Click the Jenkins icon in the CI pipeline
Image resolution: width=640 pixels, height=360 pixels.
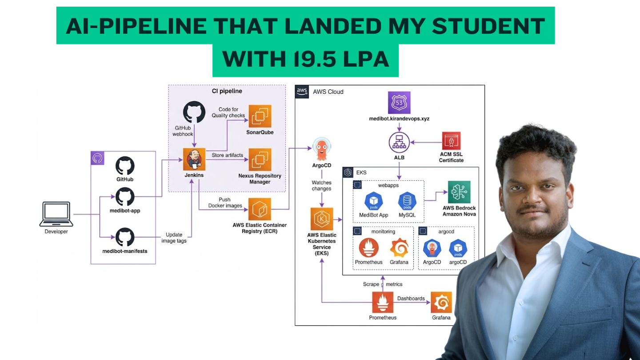click(x=194, y=159)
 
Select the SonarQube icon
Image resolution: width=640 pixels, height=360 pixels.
click(x=260, y=116)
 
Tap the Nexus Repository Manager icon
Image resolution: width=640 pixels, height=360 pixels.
click(x=260, y=160)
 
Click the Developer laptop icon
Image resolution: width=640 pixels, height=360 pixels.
click(x=56, y=214)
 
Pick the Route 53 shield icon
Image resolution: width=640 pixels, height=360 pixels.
click(x=399, y=103)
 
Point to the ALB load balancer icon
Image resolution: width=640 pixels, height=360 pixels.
click(x=399, y=142)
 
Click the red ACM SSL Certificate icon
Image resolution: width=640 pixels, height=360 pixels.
click(x=451, y=140)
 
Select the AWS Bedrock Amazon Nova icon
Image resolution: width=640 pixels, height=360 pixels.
click(x=459, y=192)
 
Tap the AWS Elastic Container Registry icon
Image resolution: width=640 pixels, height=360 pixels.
click(x=260, y=209)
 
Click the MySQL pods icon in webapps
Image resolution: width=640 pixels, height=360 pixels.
click(x=407, y=201)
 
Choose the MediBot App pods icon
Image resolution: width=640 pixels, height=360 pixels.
click(x=374, y=201)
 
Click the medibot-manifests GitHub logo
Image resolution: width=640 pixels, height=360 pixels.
click(x=125, y=237)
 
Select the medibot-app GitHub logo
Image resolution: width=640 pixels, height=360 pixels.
click(x=125, y=196)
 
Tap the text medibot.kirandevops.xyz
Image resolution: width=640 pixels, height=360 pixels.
click(x=399, y=119)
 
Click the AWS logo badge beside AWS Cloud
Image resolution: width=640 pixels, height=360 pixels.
click(x=302, y=92)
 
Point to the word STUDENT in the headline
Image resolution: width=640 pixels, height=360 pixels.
click(x=488, y=26)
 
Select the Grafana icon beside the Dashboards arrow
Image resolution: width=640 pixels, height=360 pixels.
click(x=441, y=302)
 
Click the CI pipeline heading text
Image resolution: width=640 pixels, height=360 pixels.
click(x=227, y=91)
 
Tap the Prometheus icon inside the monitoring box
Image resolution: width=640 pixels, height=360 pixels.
click(x=368, y=248)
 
